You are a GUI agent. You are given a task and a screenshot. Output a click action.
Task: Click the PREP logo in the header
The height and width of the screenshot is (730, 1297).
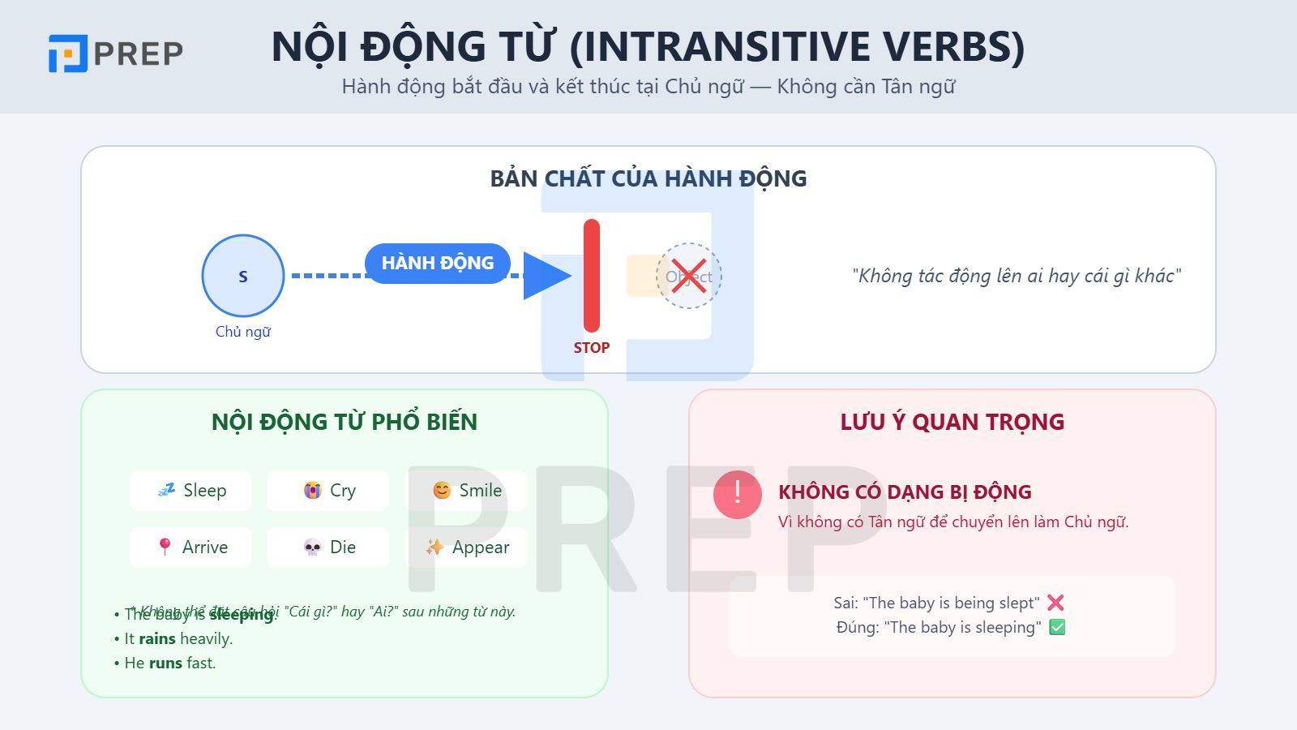pos(115,54)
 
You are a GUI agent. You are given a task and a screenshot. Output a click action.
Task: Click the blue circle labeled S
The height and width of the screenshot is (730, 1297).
pos(243,276)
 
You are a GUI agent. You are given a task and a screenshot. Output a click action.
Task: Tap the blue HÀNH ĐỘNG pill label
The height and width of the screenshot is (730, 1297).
pos(438,264)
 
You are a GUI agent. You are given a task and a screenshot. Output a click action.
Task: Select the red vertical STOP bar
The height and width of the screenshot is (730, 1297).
pos(592,276)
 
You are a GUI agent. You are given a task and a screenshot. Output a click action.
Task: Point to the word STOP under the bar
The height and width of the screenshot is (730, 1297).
pos(592,348)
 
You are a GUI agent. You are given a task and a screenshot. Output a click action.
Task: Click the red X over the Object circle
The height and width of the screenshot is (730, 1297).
pos(688,277)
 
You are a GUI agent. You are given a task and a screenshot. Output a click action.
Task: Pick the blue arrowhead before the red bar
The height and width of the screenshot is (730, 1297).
pos(546,276)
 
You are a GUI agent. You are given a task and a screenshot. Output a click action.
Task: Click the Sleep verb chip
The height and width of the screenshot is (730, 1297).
pos(190,491)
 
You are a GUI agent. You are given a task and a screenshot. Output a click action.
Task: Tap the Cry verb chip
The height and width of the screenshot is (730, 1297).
pos(328,491)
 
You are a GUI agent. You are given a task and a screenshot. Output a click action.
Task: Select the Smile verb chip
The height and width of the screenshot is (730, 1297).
pos(466,491)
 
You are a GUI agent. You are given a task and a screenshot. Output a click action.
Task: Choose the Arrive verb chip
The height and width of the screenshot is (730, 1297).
pos(190,547)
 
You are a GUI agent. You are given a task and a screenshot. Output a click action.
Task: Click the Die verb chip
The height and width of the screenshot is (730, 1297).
pos(328,547)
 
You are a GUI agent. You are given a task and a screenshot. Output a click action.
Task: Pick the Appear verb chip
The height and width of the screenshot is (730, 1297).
pos(466,547)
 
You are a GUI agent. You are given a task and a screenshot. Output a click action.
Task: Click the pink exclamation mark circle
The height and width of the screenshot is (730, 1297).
pos(738,494)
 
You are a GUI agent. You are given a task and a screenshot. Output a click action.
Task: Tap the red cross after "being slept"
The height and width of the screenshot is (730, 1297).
pos(1055,603)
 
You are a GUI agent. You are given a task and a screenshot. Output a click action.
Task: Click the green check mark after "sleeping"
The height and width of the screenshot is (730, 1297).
pos(1057,627)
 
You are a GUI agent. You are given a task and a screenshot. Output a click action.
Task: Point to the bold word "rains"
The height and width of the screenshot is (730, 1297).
pos(157,639)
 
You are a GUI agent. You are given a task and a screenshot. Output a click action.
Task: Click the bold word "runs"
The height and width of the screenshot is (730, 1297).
pos(165,663)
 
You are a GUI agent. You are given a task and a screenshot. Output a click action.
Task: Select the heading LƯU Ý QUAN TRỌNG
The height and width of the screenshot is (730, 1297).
pos(952,422)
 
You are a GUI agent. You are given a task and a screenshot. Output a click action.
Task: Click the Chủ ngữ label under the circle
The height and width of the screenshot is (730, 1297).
pos(243,332)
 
